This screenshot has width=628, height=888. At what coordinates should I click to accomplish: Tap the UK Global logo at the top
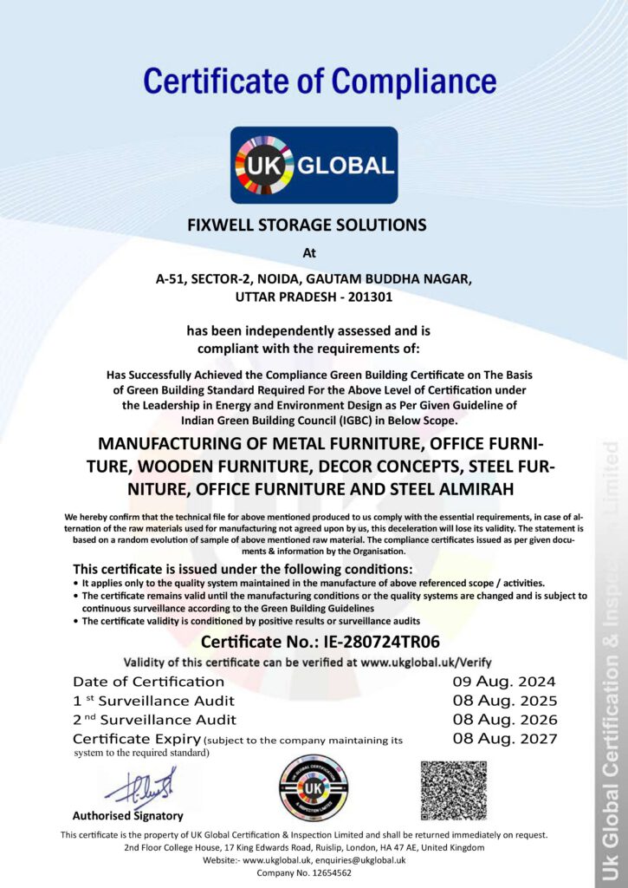click(x=314, y=165)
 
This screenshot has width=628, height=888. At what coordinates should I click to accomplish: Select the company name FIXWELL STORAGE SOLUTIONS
click(x=308, y=225)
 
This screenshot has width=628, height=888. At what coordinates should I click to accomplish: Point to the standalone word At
click(x=309, y=254)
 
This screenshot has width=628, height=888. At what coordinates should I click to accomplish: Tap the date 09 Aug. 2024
click(x=504, y=682)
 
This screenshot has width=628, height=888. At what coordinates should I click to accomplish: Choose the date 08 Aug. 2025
click(x=504, y=701)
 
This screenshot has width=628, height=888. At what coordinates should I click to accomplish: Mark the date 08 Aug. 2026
click(x=504, y=720)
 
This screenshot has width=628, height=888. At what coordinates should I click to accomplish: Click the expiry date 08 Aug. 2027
click(x=504, y=739)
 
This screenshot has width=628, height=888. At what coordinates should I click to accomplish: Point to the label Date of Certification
click(x=148, y=682)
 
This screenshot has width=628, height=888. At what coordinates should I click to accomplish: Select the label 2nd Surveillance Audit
click(x=154, y=720)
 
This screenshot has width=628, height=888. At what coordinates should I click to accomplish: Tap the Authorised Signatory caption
click(x=127, y=816)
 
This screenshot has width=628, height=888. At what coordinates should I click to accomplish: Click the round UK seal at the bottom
click(x=313, y=789)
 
